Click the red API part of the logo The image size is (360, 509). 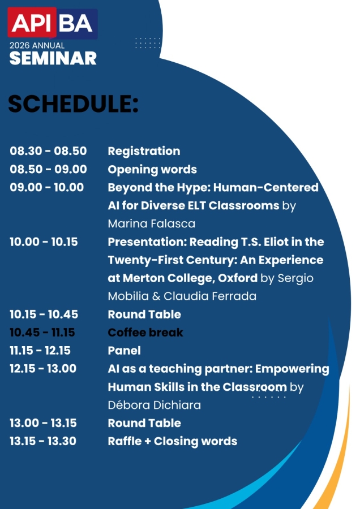click(x=32, y=22)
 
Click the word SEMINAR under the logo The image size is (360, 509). click(x=53, y=58)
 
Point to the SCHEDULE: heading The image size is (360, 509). click(x=73, y=104)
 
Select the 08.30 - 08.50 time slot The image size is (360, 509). click(x=48, y=151)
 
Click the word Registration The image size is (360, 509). click(x=144, y=151)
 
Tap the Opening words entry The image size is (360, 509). click(x=152, y=170)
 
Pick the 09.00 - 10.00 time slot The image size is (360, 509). click(x=47, y=187)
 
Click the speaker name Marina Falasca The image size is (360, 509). click(x=151, y=223)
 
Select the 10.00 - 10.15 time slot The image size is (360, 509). click(x=44, y=242)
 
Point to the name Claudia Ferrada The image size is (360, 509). click(x=210, y=296)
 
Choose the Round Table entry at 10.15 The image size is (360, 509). click(x=144, y=314)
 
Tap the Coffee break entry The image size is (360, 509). click(x=145, y=333)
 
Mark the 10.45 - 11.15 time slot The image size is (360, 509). click(x=42, y=333)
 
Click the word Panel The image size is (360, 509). click(x=125, y=351)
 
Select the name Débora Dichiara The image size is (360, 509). click(x=155, y=405)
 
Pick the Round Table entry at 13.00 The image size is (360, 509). click(x=144, y=423)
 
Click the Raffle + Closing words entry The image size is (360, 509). click(x=173, y=441)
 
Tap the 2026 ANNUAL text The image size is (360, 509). click(x=37, y=45)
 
